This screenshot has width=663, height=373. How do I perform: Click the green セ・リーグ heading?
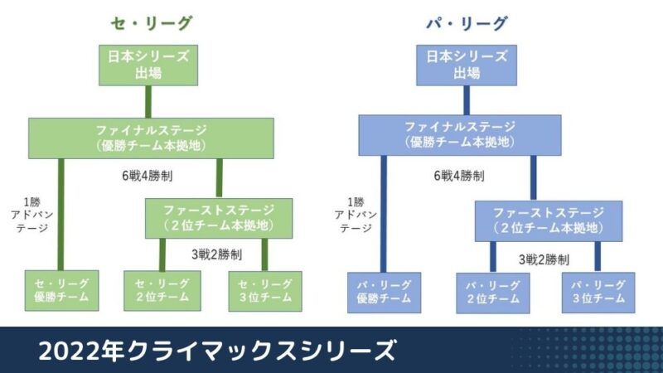pyautogui.click(x=152, y=23)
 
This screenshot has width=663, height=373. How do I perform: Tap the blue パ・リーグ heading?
pyautogui.click(x=466, y=23)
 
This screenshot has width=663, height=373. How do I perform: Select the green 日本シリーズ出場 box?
pyautogui.click(x=148, y=65)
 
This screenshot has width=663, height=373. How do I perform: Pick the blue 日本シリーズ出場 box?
pyautogui.click(x=467, y=65)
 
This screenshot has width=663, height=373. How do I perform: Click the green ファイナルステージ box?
pyautogui.click(x=151, y=138)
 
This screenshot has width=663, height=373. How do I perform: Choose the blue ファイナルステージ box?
pyautogui.click(x=460, y=135)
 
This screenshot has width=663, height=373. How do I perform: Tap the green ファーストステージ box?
pyautogui.click(x=219, y=218)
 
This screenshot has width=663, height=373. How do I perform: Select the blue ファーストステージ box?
pyautogui.click(x=549, y=221)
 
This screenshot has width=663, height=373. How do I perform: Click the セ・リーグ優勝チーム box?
pyautogui.click(x=61, y=291)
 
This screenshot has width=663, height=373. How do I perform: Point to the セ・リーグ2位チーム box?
pyautogui.click(x=162, y=291)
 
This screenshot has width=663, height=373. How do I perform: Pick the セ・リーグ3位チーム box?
pyautogui.click(x=265, y=291)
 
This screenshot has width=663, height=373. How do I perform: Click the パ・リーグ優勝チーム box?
pyautogui.click(x=384, y=293)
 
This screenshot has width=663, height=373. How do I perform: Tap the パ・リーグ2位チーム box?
pyautogui.click(x=493, y=293)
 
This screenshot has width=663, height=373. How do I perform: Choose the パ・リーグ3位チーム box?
pyautogui.click(x=598, y=293)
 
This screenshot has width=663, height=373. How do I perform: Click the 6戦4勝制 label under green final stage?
pyautogui.click(x=148, y=176)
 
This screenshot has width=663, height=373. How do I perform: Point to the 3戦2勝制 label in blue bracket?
pyautogui.click(x=544, y=259)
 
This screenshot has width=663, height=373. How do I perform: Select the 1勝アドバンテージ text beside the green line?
pyautogui.click(x=32, y=215)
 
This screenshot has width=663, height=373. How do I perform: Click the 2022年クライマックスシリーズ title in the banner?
pyautogui.click(x=217, y=350)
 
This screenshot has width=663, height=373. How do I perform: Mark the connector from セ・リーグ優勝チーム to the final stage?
pyautogui.click(x=60, y=215)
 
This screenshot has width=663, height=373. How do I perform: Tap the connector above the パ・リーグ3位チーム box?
pyautogui.click(x=598, y=257)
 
